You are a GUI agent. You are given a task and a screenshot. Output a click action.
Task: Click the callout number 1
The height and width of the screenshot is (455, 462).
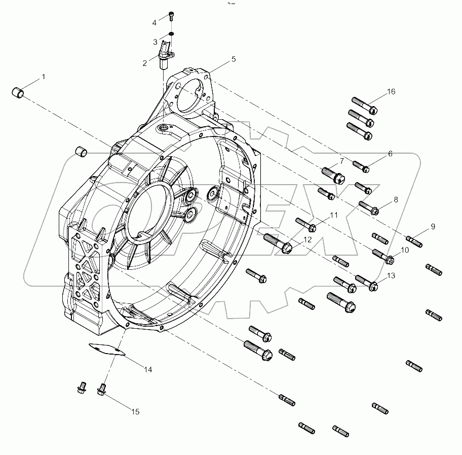(44, 77)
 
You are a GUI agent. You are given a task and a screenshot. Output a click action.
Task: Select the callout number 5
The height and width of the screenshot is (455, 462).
(234, 59)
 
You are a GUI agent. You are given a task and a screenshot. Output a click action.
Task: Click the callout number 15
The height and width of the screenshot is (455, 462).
(136, 412)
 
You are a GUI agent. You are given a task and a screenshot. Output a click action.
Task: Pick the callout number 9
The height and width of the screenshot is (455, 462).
(434, 227)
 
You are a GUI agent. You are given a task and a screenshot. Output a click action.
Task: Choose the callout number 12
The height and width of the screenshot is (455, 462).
(308, 240)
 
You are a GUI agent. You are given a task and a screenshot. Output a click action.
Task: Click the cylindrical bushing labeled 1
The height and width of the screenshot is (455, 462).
(19, 93)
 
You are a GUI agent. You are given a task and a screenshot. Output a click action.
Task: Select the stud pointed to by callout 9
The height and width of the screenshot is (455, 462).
(414, 241)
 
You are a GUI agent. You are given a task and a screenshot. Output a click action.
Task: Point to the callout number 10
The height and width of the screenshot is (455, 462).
(405, 250)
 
